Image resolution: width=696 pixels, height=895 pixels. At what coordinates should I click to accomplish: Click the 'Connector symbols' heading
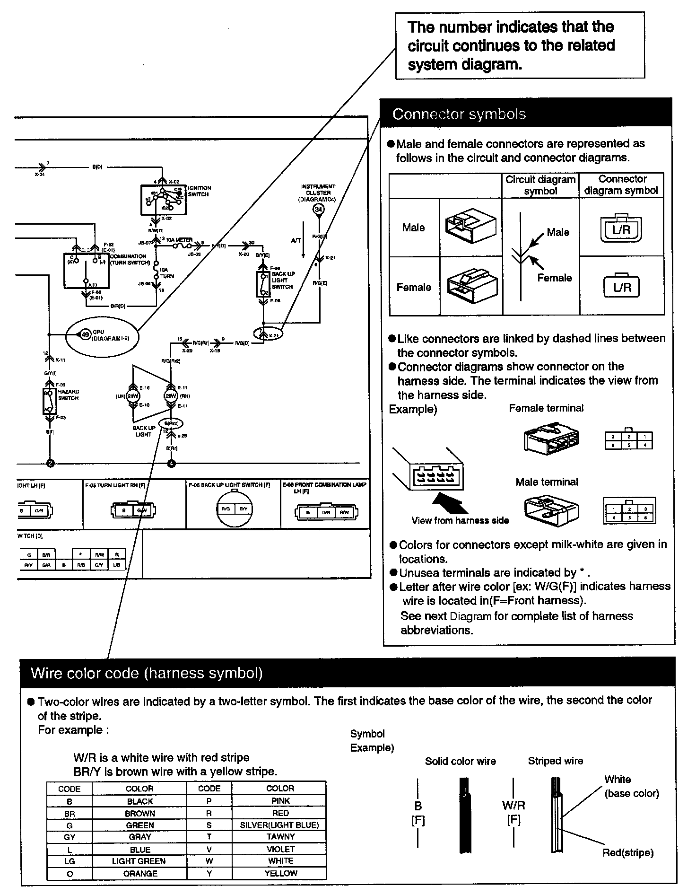(459, 114)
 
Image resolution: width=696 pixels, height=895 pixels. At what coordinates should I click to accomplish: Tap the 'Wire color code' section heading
(147, 673)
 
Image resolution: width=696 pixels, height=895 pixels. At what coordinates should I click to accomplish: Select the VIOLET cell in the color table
(280, 849)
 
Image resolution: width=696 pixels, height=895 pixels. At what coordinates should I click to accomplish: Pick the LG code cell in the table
(70, 861)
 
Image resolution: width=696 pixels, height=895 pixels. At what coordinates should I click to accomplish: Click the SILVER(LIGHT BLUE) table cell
(279, 825)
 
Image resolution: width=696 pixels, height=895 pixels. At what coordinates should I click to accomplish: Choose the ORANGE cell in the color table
(140, 874)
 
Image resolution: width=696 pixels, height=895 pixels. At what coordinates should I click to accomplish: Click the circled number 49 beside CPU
(85, 335)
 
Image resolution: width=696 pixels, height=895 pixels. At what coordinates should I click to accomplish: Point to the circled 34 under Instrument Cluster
(319, 210)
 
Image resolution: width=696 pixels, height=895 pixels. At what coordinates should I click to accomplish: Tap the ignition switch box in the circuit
(163, 199)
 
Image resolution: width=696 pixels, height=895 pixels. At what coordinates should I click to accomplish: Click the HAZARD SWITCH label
(68, 395)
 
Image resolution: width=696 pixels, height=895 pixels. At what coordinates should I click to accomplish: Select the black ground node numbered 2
(50, 463)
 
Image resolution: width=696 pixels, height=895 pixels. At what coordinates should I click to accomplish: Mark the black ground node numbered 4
(172, 463)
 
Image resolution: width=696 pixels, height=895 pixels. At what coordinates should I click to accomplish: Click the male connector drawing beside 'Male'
(470, 226)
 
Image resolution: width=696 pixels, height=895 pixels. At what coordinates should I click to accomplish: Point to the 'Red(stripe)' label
(627, 852)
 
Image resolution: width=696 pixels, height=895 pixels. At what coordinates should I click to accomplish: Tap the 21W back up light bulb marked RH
(170, 396)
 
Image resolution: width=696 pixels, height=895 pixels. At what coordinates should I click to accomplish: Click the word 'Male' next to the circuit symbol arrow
(558, 232)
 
